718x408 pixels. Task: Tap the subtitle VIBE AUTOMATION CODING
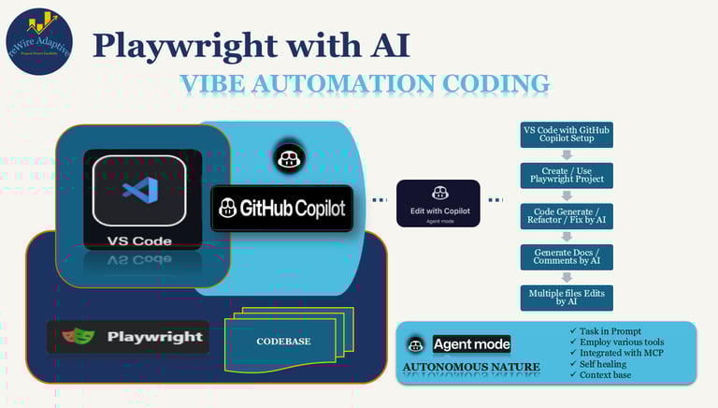pyautogui.click(x=365, y=84)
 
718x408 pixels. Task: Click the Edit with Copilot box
pyautogui.click(x=438, y=203)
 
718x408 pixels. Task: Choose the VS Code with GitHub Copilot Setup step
pyautogui.click(x=567, y=135)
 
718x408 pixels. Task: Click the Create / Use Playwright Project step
pyautogui.click(x=567, y=176)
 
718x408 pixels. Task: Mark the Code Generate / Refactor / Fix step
pyautogui.click(x=567, y=217)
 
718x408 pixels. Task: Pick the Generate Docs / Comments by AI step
pyautogui.click(x=567, y=258)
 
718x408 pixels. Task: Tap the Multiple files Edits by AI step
pyautogui.click(x=567, y=299)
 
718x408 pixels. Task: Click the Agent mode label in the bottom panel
pyautogui.click(x=471, y=344)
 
